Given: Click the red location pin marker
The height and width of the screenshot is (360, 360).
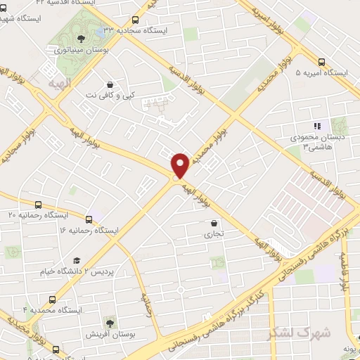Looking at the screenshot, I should [x=180, y=165].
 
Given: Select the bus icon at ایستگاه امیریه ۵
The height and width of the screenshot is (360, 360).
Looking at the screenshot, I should [x=321, y=62].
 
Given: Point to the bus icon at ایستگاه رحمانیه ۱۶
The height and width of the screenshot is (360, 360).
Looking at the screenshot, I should [x=89, y=219].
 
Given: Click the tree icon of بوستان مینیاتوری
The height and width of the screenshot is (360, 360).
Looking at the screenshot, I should [x=82, y=39].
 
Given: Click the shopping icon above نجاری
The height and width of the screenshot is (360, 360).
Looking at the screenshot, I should [x=213, y=224].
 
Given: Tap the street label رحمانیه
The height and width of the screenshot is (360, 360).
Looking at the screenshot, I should [x=147, y=306].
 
